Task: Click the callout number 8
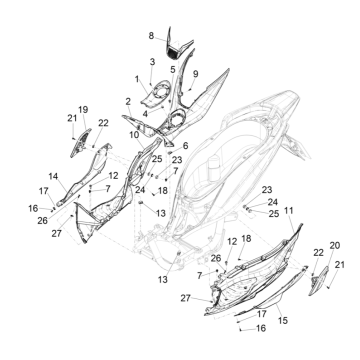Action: (x=151, y=35)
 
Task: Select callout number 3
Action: (x=152, y=62)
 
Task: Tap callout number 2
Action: (x=128, y=101)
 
